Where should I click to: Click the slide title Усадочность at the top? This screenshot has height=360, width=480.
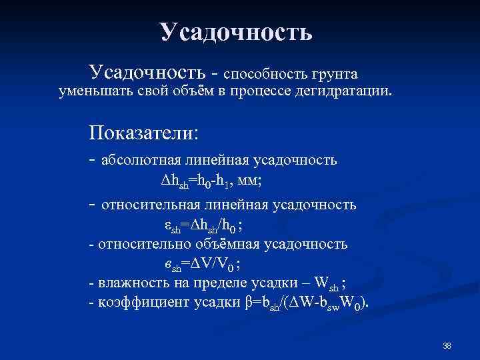(x=235, y=31)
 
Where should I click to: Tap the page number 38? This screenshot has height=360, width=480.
(x=447, y=345)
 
